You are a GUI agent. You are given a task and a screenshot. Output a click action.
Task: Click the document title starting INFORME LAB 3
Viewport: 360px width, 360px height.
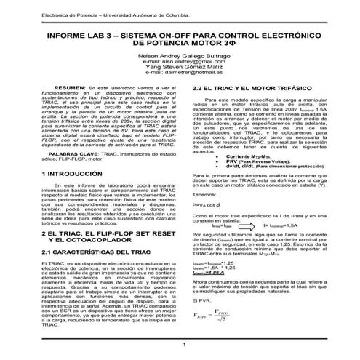pyautogui.click(x=180, y=39)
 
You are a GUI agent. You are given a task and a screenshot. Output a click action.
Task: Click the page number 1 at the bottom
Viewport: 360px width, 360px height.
pyautogui.click(x=185, y=345)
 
